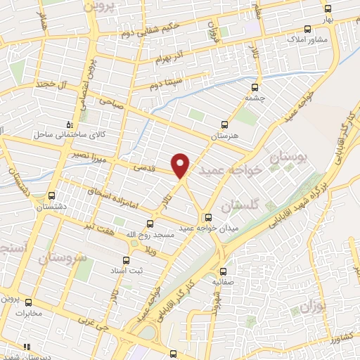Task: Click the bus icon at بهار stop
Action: pos(328,8)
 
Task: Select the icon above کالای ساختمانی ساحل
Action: pos(69,122)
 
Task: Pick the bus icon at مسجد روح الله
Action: pos(148,224)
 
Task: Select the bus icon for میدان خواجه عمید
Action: pos(207,217)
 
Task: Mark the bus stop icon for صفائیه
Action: pos(224,271)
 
